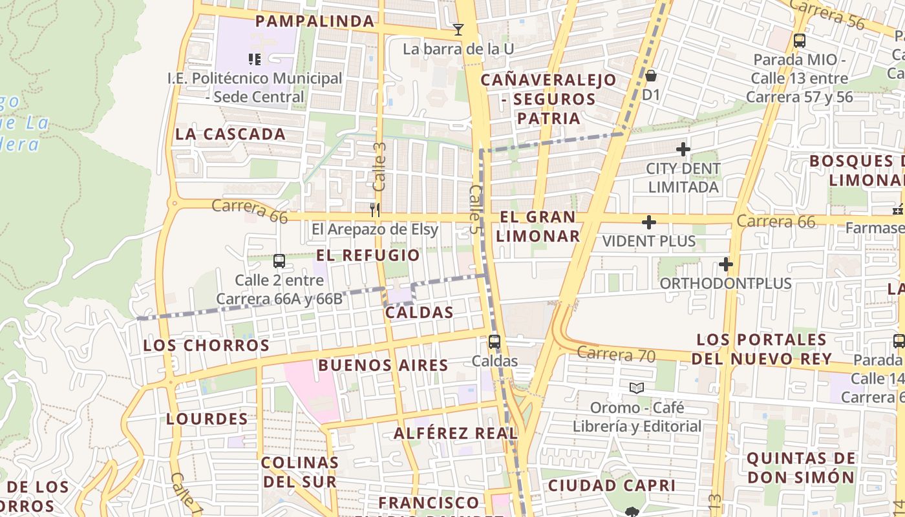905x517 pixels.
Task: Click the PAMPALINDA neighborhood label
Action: click(315, 21)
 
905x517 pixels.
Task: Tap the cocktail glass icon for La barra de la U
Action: click(458, 29)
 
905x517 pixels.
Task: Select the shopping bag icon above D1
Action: click(651, 76)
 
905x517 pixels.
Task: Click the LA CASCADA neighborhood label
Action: click(230, 134)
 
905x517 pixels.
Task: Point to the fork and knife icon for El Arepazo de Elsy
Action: click(375, 209)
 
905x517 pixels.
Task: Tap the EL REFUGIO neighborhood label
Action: click(368, 255)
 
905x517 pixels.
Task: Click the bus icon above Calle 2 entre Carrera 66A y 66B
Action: click(279, 261)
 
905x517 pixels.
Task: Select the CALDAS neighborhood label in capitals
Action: click(419, 313)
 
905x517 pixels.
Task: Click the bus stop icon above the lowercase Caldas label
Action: click(495, 341)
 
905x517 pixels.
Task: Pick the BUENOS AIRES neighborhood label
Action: click(383, 365)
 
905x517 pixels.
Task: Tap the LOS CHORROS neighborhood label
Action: click(206, 345)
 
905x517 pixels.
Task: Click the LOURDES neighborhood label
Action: click(207, 419)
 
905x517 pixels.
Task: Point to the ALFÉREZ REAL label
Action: click(456, 433)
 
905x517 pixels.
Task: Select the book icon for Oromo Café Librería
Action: click(637, 388)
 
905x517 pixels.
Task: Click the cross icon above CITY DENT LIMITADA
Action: click(683, 150)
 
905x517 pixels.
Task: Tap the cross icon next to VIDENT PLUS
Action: click(648, 223)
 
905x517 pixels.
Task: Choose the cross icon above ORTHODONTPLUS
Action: click(726, 264)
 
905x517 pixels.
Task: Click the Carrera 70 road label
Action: click(616, 354)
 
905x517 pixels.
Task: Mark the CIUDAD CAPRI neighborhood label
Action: click(612, 485)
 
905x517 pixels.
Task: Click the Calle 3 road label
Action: click(379, 166)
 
